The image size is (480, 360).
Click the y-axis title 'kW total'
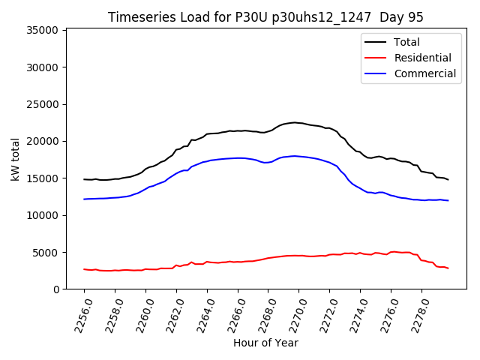click(16, 159)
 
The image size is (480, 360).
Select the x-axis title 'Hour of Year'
click(265, 343)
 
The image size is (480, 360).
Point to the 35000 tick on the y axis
click(43, 31)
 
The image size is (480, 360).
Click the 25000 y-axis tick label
click(43, 104)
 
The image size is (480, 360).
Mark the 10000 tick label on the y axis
click(43, 215)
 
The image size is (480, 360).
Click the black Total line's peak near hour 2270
click(294, 122)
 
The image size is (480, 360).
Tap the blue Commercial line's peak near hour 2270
click(295, 156)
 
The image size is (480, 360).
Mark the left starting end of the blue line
click(84, 199)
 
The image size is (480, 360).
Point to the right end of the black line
click(448, 180)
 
